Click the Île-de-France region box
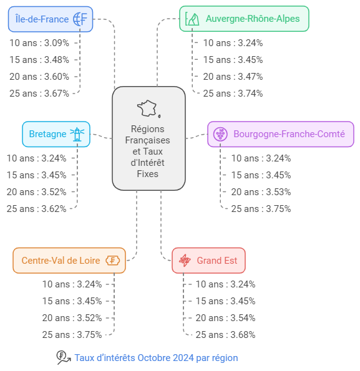[x=51, y=19]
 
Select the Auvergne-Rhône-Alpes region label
[x=253, y=19]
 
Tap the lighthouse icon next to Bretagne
[x=77, y=134]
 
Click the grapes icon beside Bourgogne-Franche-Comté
[x=220, y=134]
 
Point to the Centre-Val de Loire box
[x=69, y=261]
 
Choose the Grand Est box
[x=208, y=261]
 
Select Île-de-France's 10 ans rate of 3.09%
[x=39, y=43]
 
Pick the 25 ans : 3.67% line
[x=39, y=94]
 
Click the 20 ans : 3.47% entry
[x=233, y=77]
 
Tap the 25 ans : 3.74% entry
[x=233, y=94]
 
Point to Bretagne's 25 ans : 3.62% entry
[x=36, y=209]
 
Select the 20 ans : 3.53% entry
[x=261, y=192]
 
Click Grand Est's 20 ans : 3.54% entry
[x=225, y=318]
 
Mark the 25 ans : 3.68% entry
[x=225, y=335]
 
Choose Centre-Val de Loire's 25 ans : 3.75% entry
[x=72, y=335]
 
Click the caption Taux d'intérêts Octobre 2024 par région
[x=156, y=358]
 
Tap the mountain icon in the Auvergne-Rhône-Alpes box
[x=192, y=19]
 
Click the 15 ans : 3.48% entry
[x=39, y=60]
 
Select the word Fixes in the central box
[x=147, y=174]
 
